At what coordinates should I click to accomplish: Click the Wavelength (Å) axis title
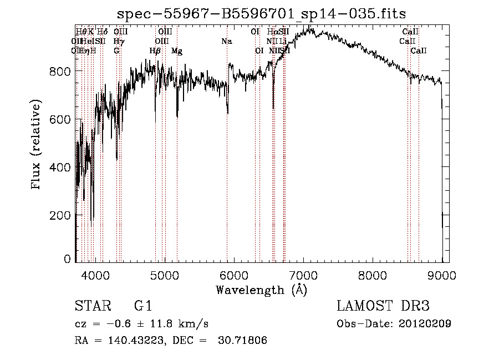[261, 290]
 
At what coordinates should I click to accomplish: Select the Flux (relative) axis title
[37, 145]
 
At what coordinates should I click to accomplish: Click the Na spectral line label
[226, 42]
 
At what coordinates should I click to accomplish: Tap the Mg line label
[177, 51]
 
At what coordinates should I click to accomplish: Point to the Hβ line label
[155, 51]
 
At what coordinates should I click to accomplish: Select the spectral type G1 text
[143, 307]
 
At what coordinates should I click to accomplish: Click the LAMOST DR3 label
[383, 307]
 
